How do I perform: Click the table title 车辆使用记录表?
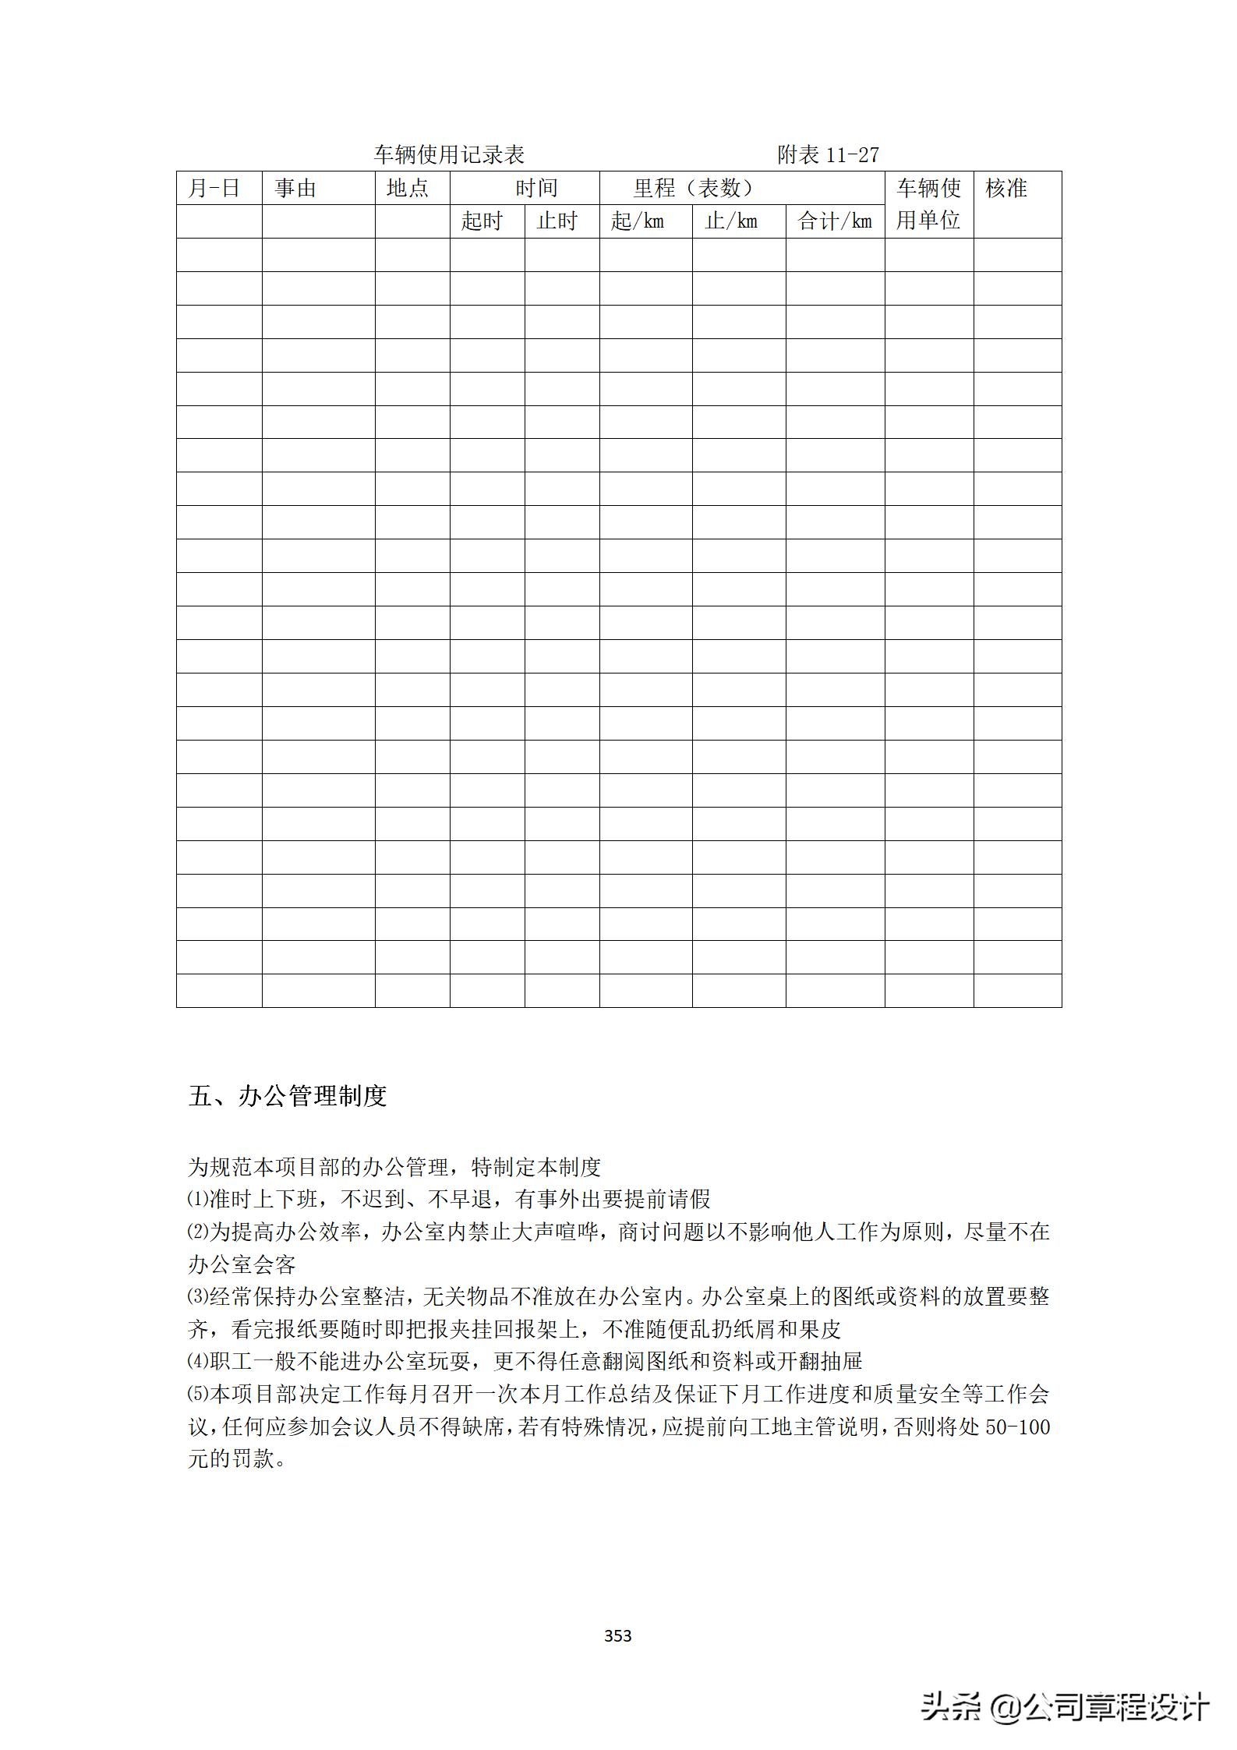[449, 155]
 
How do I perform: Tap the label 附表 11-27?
[828, 155]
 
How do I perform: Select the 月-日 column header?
[214, 189]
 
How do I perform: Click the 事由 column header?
[295, 189]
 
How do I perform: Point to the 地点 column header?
[408, 189]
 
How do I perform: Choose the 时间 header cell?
[536, 189]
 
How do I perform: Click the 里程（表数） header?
[694, 189]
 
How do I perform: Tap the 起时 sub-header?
[482, 221]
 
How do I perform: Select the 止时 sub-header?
[557, 221]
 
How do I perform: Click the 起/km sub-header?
[638, 221]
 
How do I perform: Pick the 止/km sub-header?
[731, 221]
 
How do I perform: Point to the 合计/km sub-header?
[835, 221]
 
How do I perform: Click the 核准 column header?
[1006, 189]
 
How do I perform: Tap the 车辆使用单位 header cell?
[928, 204]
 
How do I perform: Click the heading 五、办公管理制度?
[288, 1096]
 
